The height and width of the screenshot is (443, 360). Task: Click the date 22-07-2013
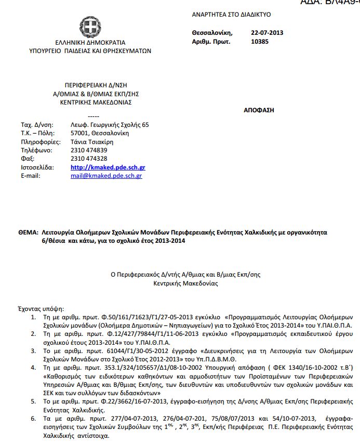click(266, 33)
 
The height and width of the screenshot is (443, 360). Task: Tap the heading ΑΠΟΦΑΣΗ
click(259, 110)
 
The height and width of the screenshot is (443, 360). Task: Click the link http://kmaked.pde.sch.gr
click(108, 167)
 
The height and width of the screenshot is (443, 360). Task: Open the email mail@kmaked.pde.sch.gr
click(106, 176)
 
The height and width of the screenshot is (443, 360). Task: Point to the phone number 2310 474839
click(89, 150)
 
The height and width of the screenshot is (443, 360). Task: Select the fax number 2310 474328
click(89, 159)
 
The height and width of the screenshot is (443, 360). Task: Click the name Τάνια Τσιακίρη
click(91, 142)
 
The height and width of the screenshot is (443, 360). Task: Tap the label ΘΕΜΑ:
click(29, 232)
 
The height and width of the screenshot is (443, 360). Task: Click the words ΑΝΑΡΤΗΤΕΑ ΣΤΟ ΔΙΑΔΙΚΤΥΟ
click(231, 15)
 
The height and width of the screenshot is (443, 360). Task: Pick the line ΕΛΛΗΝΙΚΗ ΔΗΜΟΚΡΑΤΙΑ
click(90, 43)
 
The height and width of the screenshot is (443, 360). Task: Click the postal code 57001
click(79, 133)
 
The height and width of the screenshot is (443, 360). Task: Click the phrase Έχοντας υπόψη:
click(41, 308)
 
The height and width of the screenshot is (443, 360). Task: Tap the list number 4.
click(33, 368)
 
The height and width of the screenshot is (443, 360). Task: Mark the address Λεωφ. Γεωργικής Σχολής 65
click(110, 125)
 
